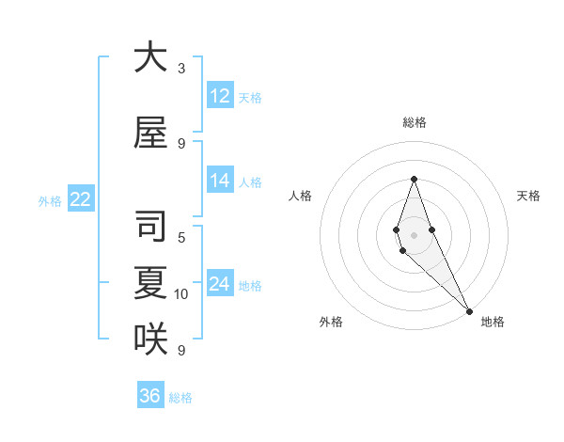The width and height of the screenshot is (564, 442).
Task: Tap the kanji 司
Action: coord(150,228)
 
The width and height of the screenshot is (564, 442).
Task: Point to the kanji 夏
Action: coord(150,284)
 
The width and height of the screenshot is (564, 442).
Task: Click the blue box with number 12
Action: coord(220,96)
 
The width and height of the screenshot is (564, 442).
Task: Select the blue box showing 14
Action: coord(220,182)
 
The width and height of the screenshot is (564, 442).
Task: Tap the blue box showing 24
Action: coord(220,284)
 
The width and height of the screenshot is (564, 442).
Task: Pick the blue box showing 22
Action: coord(81,198)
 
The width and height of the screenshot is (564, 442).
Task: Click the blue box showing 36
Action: coord(150,396)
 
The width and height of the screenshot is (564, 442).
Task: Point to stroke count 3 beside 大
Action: coord(181,68)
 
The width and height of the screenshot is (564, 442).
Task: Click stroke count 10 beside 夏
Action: coord(181,294)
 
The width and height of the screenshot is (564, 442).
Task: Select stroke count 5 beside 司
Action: coord(181,237)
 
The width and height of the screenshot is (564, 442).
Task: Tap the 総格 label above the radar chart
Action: coord(414,122)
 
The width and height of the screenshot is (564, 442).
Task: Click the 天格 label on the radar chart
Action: coord(528,196)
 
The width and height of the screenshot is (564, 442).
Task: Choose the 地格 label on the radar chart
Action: coord(493,322)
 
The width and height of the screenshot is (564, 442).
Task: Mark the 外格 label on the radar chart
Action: coord(331,322)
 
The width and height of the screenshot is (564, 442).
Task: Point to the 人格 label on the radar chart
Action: coord(300,196)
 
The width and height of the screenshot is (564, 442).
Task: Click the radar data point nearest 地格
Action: coord(468,311)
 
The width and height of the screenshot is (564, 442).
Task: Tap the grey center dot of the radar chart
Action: coord(414,234)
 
